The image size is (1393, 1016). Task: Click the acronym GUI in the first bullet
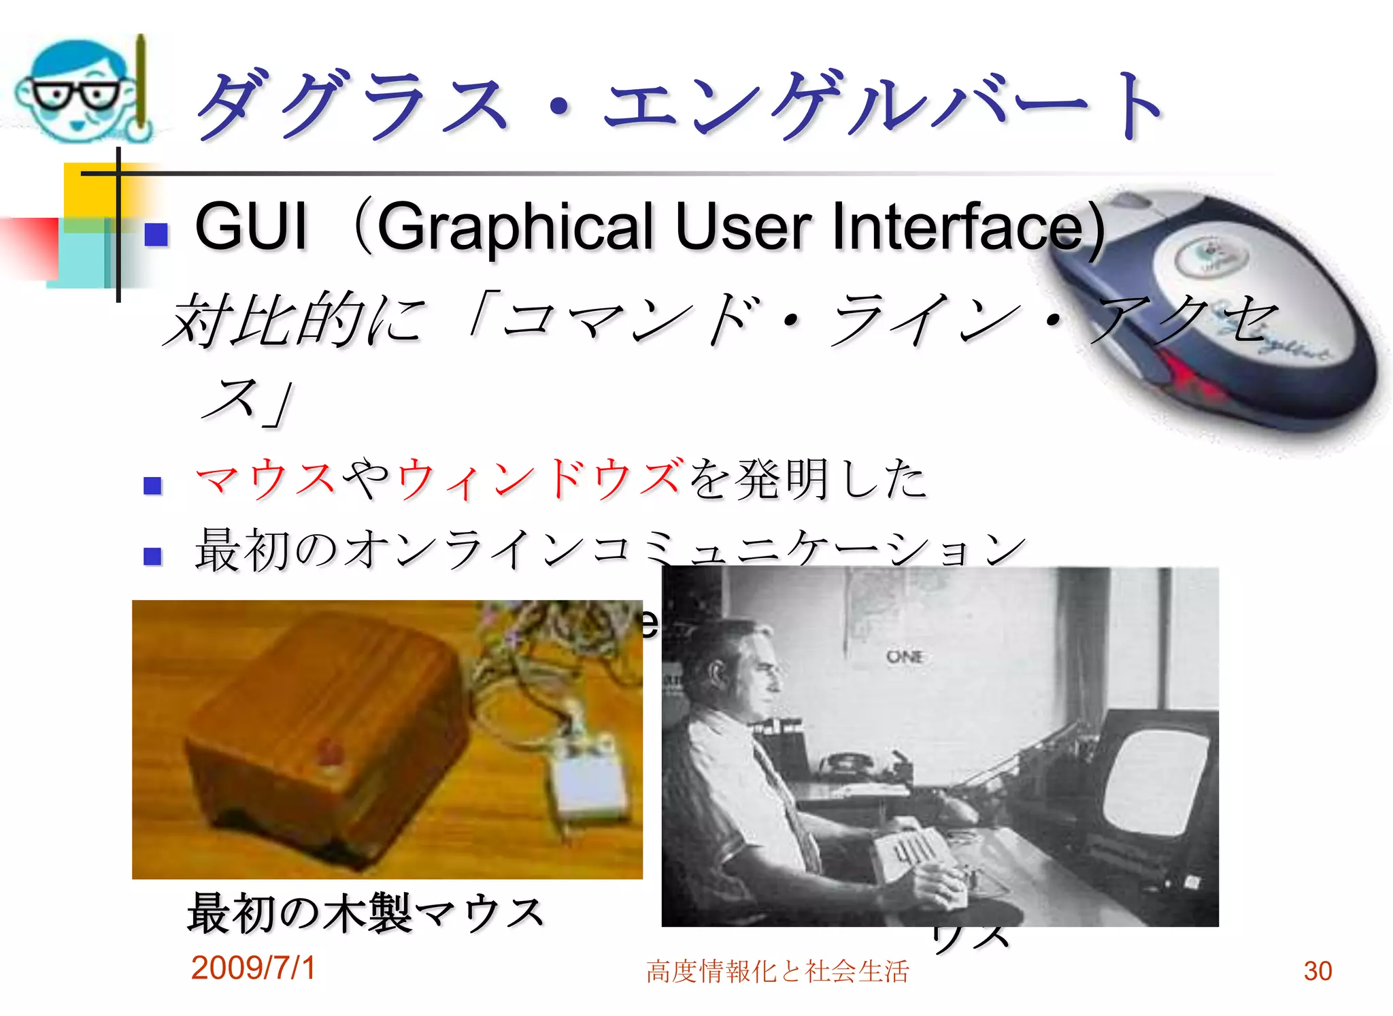pyautogui.click(x=251, y=226)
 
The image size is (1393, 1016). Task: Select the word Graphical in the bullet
pyautogui.click(x=517, y=227)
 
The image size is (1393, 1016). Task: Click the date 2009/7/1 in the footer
pyautogui.click(x=253, y=968)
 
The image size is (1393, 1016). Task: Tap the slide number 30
pyautogui.click(x=1318, y=971)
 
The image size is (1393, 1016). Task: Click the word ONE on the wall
pyautogui.click(x=905, y=657)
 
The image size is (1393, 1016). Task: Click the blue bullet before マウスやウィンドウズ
pyautogui.click(x=153, y=485)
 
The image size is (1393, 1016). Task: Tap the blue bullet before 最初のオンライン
pyautogui.click(x=153, y=556)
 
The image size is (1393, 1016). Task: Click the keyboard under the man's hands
pyautogui.click(x=911, y=847)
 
